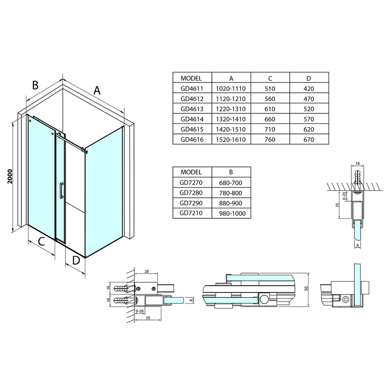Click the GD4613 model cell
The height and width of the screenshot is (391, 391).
tap(192, 109)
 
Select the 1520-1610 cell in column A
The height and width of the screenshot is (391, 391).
tap(231, 139)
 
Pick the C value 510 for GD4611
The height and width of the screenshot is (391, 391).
tap(270, 89)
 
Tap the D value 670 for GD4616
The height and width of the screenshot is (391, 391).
tap(309, 139)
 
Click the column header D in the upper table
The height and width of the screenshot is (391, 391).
tap(309, 79)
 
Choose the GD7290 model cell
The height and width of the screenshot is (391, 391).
tap(191, 203)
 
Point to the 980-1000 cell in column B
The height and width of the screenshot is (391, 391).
tap(231, 213)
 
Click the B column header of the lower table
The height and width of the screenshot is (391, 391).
tap(231, 172)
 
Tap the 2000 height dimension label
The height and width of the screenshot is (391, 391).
tap(10, 176)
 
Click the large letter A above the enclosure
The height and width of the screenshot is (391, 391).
tap(97, 90)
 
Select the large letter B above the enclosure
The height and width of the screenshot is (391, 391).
tap(35, 85)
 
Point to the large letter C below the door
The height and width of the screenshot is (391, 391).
tap(41, 241)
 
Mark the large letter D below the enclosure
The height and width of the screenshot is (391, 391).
tap(76, 261)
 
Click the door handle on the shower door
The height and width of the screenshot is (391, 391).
tap(61, 191)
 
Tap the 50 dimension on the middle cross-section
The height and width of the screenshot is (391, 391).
tap(307, 288)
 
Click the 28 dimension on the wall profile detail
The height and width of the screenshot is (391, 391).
tap(147, 271)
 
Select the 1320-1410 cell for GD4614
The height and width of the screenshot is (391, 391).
tap(231, 119)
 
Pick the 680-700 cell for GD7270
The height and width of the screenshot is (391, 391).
tap(231, 183)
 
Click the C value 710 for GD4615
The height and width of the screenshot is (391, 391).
tap(270, 130)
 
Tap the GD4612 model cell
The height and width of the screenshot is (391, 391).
tap(192, 99)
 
